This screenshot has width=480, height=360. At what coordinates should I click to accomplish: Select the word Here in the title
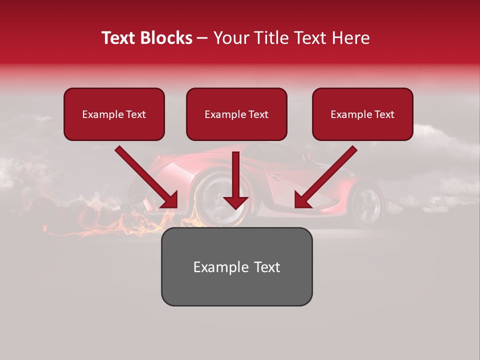click(x=350, y=38)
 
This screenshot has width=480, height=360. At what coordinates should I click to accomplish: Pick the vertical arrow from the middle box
click(x=235, y=180)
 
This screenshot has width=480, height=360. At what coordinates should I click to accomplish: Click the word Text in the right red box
click(x=384, y=114)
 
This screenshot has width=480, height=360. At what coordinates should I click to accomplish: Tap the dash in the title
click(x=202, y=38)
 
